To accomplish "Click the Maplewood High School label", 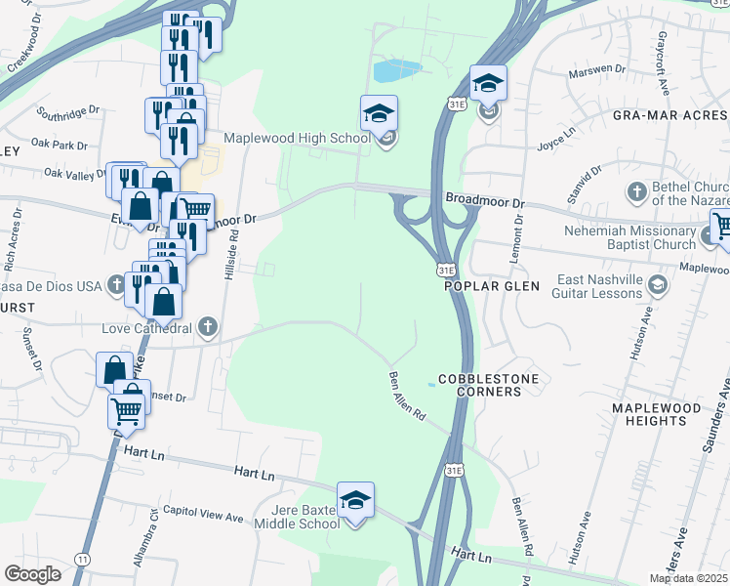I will pos(297,138).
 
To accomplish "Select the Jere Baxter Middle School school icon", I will pos(356,500).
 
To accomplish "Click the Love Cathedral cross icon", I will pos(207,327).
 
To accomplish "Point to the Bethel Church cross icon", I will pos(636,190).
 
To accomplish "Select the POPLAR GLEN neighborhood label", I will pos(485,287).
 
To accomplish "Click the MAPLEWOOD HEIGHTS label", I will pos(656,413).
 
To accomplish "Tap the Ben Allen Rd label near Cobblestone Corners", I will pos(408,396).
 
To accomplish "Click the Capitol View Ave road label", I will pos(202,512).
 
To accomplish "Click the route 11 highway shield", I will pos(82,558).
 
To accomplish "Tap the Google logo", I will pos(32,573).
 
